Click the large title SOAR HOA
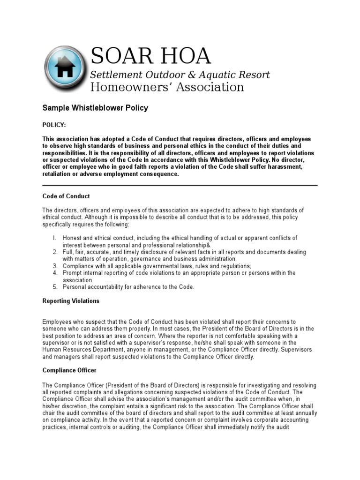pos(150,57)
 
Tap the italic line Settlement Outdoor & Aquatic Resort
pos(180,75)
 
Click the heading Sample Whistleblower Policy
pos(95,108)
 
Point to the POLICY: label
pos(54,125)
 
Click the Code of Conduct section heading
pos(66,196)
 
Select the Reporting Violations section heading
pos(71,301)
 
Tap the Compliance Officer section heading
pos(69,370)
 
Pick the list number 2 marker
pos(54,252)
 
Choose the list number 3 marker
pos(54,266)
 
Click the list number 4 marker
pos(54,273)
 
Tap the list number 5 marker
pos(54,287)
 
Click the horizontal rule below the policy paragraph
pos(180,185)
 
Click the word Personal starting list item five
pos(75,287)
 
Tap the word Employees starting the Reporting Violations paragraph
pos(57,322)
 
